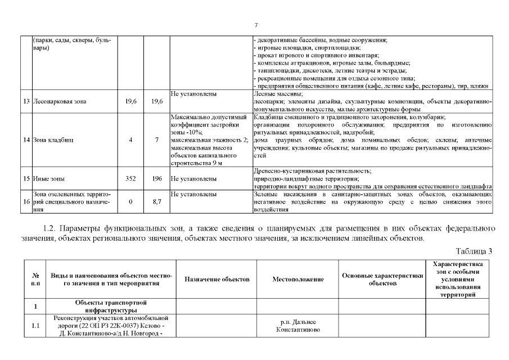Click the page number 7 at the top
(x=255, y=25)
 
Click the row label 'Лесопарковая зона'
(x=60, y=102)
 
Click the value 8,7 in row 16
(x=157, y=201)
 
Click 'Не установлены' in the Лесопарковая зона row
(x=193, y=94)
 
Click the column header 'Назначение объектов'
(x=217, y=279)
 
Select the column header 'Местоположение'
(x=298, y=279)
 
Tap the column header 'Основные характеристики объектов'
(x=382, y=279)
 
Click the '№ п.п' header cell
(x=35, y=279)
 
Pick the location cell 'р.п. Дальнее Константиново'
(x=298, y=325)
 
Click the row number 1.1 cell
(x=35, y=325)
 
